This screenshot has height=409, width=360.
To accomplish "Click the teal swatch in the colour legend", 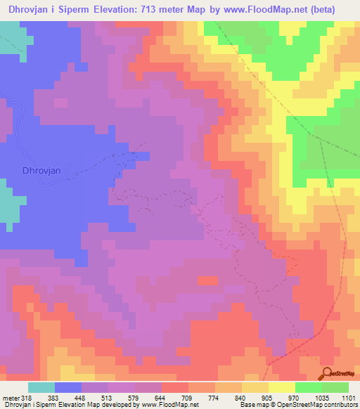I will (x=41, y=387).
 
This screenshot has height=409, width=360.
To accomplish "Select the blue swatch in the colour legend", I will (x=68, y=387).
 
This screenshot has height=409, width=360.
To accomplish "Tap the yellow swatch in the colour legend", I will (x=282, y=387).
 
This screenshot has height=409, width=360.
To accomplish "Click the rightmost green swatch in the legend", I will (x=335, y=387).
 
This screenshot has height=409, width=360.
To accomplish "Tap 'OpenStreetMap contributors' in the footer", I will (x=327, y=405).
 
